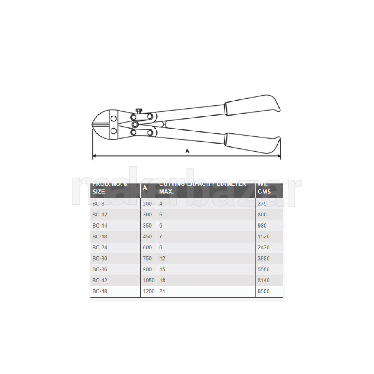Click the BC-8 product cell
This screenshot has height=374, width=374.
pos(98,204)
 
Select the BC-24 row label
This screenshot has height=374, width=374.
pos(99,247)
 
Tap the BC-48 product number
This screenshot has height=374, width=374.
pos(99,291)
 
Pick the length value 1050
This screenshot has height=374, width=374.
pos(149,280)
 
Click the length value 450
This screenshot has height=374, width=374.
pos(147,237)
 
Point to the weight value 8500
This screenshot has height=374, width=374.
pos(263,291)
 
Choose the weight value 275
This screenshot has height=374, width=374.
pos(262,204)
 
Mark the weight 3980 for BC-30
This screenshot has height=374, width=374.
pos(263,259)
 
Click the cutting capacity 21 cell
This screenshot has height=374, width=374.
pos(162,291)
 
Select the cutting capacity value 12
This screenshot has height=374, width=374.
pos(162,259)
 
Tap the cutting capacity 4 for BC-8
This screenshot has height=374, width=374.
pos(161,204)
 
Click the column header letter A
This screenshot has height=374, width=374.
pos(145,188)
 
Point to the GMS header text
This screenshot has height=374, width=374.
pos(264,191)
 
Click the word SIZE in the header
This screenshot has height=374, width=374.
pos(98,191)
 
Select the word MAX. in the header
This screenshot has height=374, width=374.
pos(167,191)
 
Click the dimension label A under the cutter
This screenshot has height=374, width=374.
pos(187,151)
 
